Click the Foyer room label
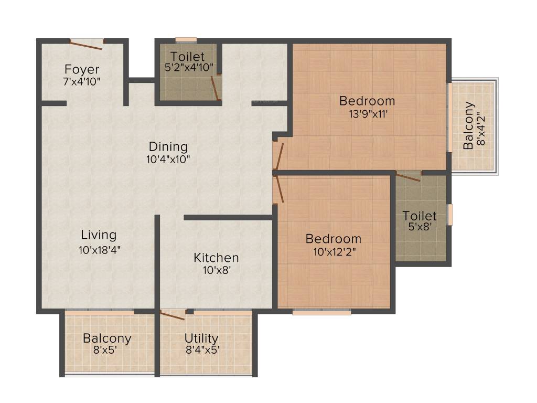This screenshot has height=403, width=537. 82,70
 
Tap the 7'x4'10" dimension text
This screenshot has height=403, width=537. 82,82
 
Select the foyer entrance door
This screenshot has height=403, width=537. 86,45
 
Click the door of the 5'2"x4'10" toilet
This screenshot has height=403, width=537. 215,88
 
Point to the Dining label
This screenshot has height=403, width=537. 168,147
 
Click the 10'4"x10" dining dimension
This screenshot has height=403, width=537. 168,160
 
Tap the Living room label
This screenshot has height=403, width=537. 99,235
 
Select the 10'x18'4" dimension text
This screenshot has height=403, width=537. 99,250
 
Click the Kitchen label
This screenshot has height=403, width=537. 216,258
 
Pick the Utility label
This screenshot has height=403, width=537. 201,338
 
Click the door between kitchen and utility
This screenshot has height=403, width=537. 173,315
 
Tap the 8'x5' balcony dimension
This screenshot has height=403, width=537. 105,350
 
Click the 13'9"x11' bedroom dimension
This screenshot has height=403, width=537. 368,114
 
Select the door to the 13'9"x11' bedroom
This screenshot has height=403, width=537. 280,156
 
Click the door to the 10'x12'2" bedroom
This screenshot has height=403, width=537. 280,189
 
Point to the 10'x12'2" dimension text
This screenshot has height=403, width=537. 335,252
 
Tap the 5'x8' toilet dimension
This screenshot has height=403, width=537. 420,227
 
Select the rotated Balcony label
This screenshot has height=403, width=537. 468,125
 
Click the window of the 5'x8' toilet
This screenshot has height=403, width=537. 450,215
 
